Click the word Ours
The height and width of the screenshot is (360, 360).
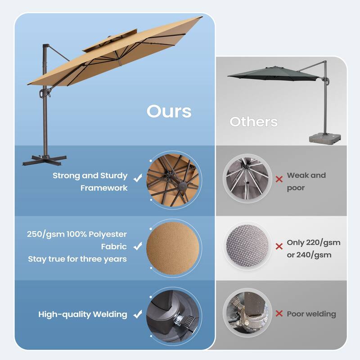point(169,111)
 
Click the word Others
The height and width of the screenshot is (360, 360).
point(253,121)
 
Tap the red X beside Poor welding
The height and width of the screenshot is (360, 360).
point(279,314)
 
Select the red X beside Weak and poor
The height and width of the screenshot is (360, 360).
point(279,179)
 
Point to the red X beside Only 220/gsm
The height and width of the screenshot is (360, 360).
point(279,246)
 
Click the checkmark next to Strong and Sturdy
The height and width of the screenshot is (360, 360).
point(138,179)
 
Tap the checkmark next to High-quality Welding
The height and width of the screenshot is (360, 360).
point(138,314)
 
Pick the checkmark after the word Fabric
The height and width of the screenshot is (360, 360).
point(138,246)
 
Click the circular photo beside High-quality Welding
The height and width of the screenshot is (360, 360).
point(173,314)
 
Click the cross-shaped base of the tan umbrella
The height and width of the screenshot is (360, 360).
point(44,158)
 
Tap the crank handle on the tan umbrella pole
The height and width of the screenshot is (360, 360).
point(44,93)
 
